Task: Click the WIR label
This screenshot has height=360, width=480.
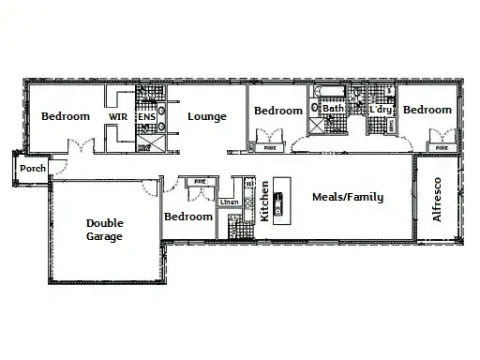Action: (x=119, y=116)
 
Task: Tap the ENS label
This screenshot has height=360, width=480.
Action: (x=147, y=116)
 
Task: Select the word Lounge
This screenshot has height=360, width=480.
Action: (x=206, y=116)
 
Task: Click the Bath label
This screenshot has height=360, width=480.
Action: (x=333, y=110)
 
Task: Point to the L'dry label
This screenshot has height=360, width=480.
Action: (x=380, y=110)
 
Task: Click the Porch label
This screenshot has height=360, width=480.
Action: (x=33, y=169)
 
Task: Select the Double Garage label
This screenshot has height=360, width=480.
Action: (x=104, y=230)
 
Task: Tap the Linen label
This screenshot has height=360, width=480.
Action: (x=228, y=202)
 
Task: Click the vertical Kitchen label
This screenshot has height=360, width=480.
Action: (x=264, y=202)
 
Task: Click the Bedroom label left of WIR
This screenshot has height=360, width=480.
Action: (x=66, y=116)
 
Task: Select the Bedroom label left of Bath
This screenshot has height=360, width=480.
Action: (x=278, y=111)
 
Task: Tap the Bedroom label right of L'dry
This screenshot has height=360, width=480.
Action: (x=427, y=110)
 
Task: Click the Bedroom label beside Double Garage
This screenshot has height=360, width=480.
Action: (x=188, y=217)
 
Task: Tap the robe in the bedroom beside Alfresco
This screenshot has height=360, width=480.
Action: (x=439, y=146)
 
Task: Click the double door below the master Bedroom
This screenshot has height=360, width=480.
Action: (x=83, y=147)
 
